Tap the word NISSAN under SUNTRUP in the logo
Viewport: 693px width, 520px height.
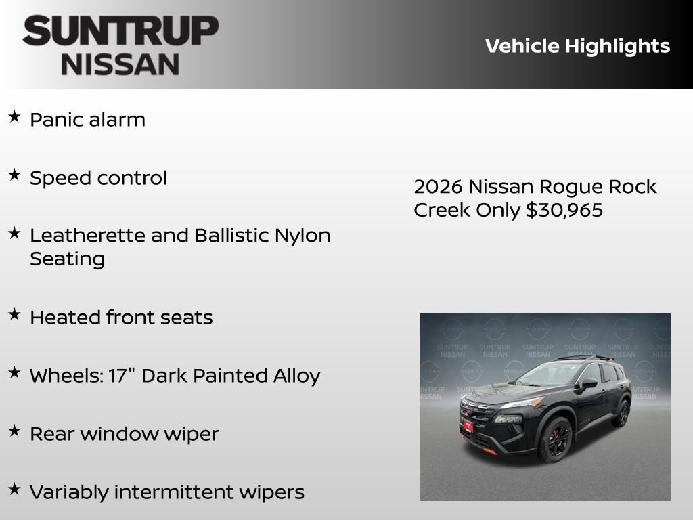[x=120, y=64]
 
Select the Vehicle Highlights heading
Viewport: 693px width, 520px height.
[x=577, y=46]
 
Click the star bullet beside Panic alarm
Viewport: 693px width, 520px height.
[x=14, y=117]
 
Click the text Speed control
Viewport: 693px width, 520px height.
[x=98, y=178]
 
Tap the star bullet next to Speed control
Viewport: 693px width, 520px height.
[x=14, y=175]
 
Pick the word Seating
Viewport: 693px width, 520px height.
[x=67, y=259]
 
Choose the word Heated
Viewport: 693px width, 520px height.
[x=65, y=318]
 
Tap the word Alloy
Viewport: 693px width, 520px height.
[x=296, y=376]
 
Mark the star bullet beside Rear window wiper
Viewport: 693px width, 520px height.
[x=14, y=431]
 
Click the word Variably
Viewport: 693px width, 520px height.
[x=69, y=492]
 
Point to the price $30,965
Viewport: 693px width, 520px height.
[x=564, y=211]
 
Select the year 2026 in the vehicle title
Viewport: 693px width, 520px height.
[x=438, y=187]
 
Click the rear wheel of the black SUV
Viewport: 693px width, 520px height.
[x=621, y=413]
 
